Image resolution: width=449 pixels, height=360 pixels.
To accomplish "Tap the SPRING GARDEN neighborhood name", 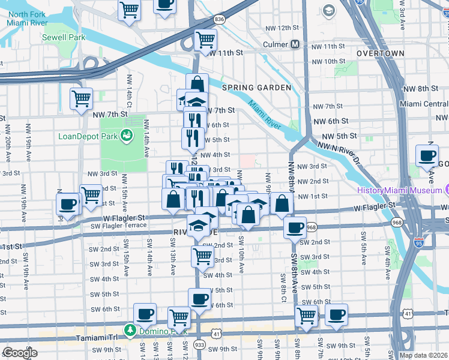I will pos(256,88).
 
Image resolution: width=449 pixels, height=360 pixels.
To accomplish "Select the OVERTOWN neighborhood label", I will pos(380,53).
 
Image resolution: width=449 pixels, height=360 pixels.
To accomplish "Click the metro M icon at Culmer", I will pos(295,44).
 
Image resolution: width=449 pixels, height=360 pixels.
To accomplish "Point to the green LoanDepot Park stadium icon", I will pos(127,136).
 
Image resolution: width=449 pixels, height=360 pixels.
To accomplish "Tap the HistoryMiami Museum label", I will pos(399,190).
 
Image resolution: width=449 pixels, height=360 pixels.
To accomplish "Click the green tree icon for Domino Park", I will pos(130,330).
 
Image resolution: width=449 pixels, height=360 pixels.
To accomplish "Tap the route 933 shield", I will pos(199,344).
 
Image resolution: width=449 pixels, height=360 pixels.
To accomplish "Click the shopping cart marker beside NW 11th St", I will pos(206,40).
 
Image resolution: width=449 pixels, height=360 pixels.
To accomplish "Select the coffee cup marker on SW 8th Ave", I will pos(295,227).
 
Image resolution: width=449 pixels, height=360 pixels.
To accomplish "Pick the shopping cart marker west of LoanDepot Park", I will pos(81,98).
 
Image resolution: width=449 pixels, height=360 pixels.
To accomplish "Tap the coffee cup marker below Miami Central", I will pos(427,155).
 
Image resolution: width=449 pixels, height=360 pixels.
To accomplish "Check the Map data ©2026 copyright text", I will pos(424,355).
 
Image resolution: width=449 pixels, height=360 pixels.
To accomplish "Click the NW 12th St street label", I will pos(280,28).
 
